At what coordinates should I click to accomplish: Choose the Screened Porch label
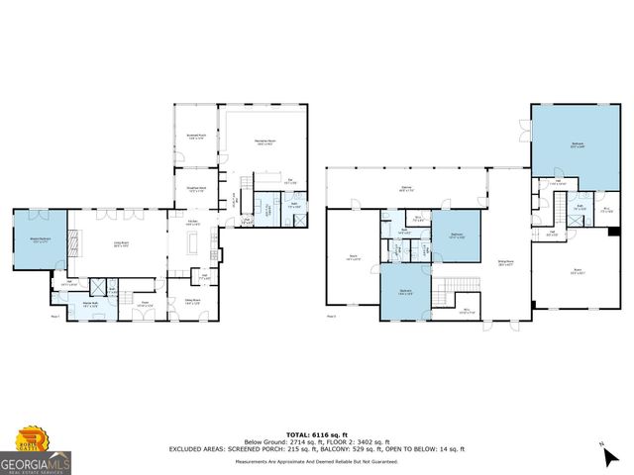pyautogui.click(x=196, y=137)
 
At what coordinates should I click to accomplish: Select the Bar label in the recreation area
pyautogui.click(x=290, y=182)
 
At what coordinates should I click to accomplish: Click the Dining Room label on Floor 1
pyautogui.click(x=193, y=302)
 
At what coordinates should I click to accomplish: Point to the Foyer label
pyautogui.click(x=145, y=303)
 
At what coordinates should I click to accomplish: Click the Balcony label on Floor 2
pyautogui.click(x=406, y=188)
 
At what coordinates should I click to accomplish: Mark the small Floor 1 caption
pyautogui.click(x=56, y=316)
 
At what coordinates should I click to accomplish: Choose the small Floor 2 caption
pyautogui.click(x=331, y=316)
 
